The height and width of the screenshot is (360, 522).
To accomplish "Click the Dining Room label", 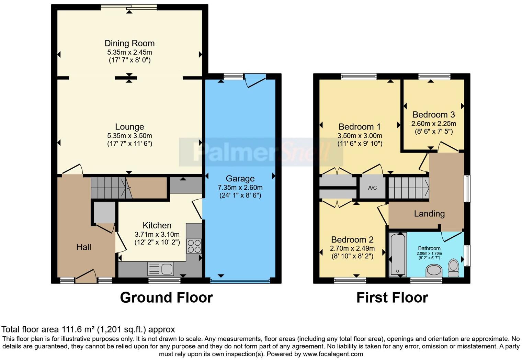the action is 129,43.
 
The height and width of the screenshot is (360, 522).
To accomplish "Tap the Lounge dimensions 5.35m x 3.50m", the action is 129,135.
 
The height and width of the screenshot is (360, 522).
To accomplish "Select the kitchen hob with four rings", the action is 194,246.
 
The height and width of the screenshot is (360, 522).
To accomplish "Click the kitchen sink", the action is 161,269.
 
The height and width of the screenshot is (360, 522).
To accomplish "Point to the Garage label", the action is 240,179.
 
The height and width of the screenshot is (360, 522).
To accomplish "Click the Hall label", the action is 84,247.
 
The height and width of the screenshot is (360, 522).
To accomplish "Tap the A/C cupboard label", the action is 372,188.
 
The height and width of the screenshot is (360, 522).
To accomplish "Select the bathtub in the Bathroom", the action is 398,255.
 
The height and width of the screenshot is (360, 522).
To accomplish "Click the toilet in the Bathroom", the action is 453,268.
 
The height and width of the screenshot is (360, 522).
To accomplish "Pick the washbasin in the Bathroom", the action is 434,271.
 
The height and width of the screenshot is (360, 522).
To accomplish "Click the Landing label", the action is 429,214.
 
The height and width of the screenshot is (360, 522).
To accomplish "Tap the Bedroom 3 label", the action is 434,114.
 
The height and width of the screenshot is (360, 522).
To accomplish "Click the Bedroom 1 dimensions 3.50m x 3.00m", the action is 360,135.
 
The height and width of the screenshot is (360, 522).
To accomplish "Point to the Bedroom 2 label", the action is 352,240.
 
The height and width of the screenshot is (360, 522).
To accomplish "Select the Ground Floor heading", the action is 166,297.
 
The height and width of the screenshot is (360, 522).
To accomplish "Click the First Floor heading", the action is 392,297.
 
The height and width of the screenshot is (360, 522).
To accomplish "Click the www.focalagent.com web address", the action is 333,354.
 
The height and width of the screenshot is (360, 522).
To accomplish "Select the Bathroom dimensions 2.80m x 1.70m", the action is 429,254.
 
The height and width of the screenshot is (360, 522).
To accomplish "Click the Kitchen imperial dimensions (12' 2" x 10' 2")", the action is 157,243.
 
